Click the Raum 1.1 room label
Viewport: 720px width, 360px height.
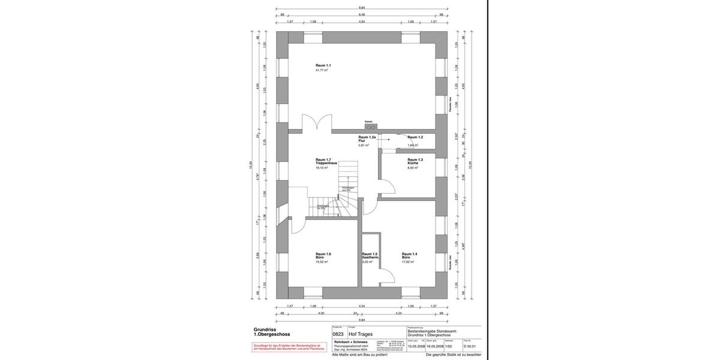[x=323, y=65]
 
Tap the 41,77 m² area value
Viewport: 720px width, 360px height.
[x=322, y=70]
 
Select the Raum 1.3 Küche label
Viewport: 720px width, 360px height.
[x=415, y=161]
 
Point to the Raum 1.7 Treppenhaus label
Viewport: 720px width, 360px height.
[x=326, y=161]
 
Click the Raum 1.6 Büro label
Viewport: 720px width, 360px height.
[x=323, y=256]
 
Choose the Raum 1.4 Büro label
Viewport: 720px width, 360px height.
[x=410, y=256]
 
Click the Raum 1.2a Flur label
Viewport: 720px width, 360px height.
[x=367, y=139]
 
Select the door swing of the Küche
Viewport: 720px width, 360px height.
[x=387, y=185]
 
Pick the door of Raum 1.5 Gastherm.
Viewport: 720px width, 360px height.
[x=385, y=277]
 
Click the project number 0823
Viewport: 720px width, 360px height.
[x=338, y=334]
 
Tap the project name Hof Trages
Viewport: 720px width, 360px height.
[x=361, y=334]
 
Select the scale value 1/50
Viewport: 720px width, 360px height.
[x=449, y=346]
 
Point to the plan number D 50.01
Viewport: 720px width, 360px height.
[x=470, y=346]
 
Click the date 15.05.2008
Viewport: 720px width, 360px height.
[x=416, y=346]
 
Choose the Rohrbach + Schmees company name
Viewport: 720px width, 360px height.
[x=351, y=341]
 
